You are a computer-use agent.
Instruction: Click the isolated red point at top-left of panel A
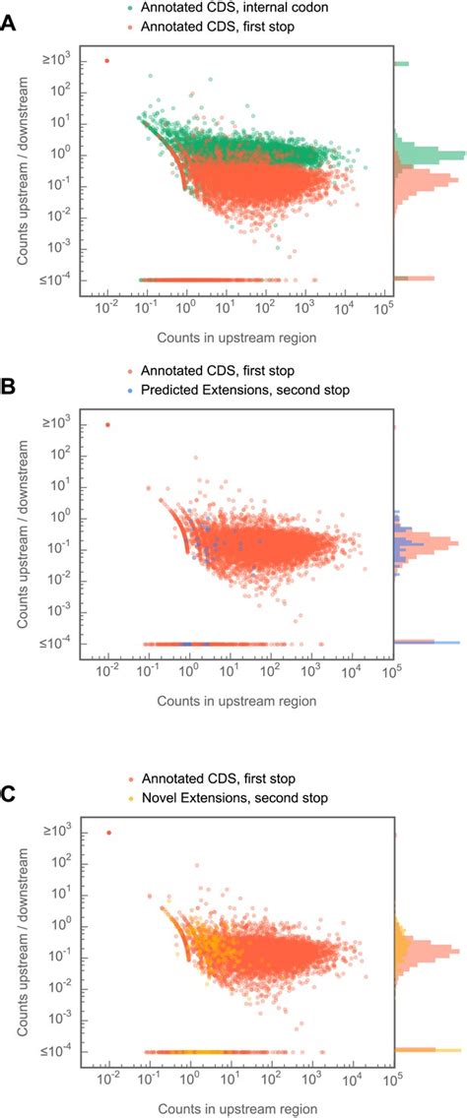pyautogui.click(x=107, y=61)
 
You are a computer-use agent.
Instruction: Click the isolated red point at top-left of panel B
pyautogui.click(x=107, y=425)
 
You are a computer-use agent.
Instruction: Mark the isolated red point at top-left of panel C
pyautogui.click(x=107, y=833)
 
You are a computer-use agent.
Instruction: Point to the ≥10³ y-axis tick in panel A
pyautogui.click(x=57, y=61)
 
